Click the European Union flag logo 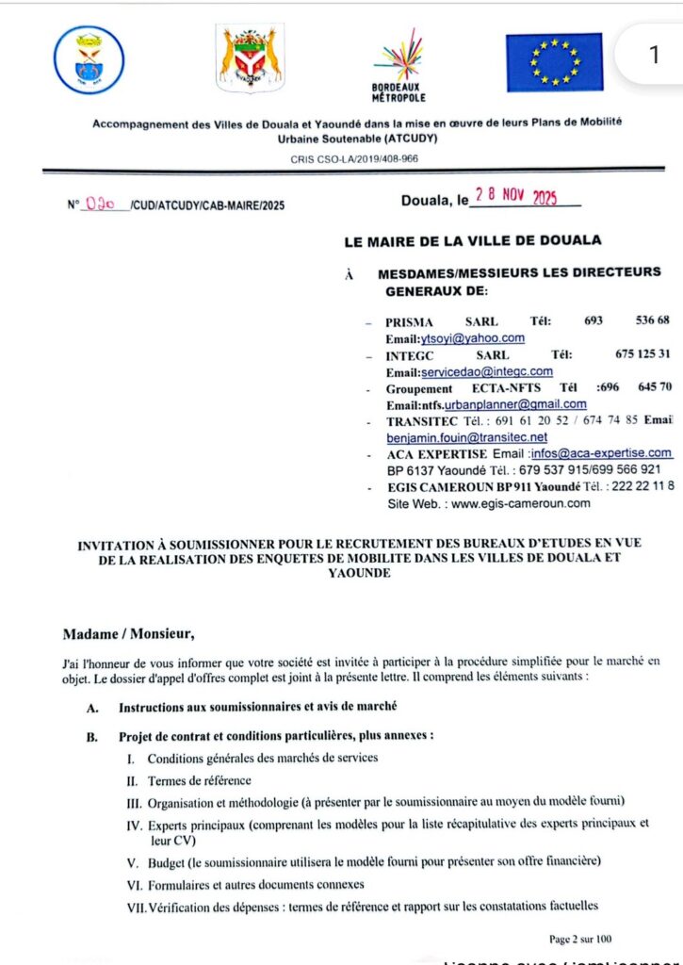[x=554, y=62]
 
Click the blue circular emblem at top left [x=89, y=61]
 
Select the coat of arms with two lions [x=250, y=59]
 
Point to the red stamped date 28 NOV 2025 [x=516, y=197]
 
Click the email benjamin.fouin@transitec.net [x=466, y=437]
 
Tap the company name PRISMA [x=409, y=322]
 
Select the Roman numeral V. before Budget [x=132, y=861]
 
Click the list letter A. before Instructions [x=92, y=707]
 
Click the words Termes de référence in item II [x=200, y=780]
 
